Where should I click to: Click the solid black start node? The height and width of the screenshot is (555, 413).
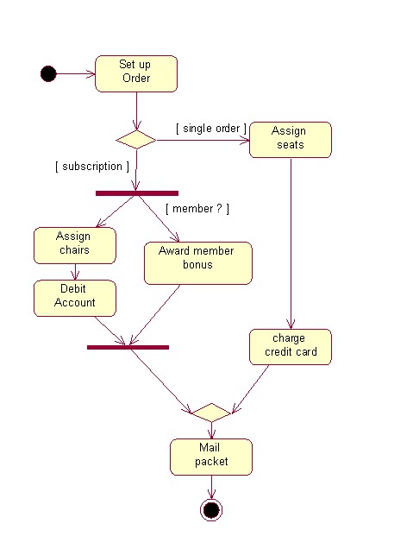click(x=48, y=73)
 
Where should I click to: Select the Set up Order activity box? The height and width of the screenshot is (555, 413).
click(x=135, y=73)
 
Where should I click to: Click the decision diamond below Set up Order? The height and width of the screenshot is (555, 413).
click(x=135, y=139)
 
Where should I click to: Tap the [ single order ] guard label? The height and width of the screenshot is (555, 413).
click(x=211, y=129)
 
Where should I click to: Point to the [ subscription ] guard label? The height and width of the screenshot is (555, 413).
click(x=91, y=166)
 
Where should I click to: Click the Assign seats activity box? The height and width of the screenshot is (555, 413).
click(x=290, y=139)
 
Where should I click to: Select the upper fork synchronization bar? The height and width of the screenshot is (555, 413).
click(x=136, y=193)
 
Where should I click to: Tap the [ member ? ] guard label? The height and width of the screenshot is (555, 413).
click(x=197, y=209)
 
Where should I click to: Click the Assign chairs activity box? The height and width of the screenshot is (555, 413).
click(x=74, y=245)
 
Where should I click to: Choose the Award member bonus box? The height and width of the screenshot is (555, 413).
click(x=197, y=262)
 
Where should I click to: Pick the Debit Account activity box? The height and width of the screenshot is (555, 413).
click(x=74, y=297)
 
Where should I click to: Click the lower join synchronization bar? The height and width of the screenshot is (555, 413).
click(x=128, y=347)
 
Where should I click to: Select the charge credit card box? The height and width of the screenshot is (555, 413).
click(x=290, y=346)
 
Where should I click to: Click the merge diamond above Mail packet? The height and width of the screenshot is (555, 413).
click(x=210, y=412)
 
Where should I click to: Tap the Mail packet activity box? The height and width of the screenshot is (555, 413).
click(x=210, y=457)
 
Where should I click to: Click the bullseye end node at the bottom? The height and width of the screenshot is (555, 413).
click(x=210, y=510)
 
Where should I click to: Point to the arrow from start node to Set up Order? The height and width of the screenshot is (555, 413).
click(x=76, y=73)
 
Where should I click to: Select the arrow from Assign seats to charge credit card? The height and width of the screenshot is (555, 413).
click(x=290, y=242)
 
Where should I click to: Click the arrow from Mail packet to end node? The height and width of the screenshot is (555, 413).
click(x=210, y=486)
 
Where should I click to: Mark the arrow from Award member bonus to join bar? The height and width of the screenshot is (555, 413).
click(x=155, y=315)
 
